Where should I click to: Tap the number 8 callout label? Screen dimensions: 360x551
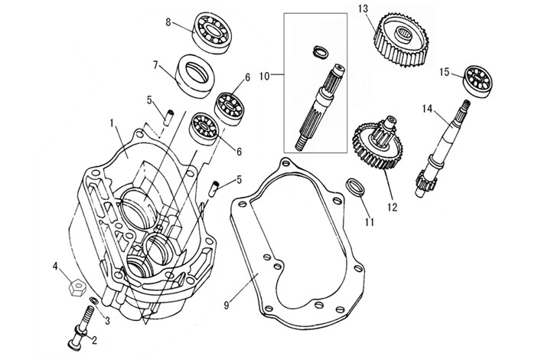(168, 23)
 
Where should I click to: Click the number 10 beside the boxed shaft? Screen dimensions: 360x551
(265, 77)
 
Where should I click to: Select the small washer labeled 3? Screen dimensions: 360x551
(93, 299)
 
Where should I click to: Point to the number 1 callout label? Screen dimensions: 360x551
(112, 123)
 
